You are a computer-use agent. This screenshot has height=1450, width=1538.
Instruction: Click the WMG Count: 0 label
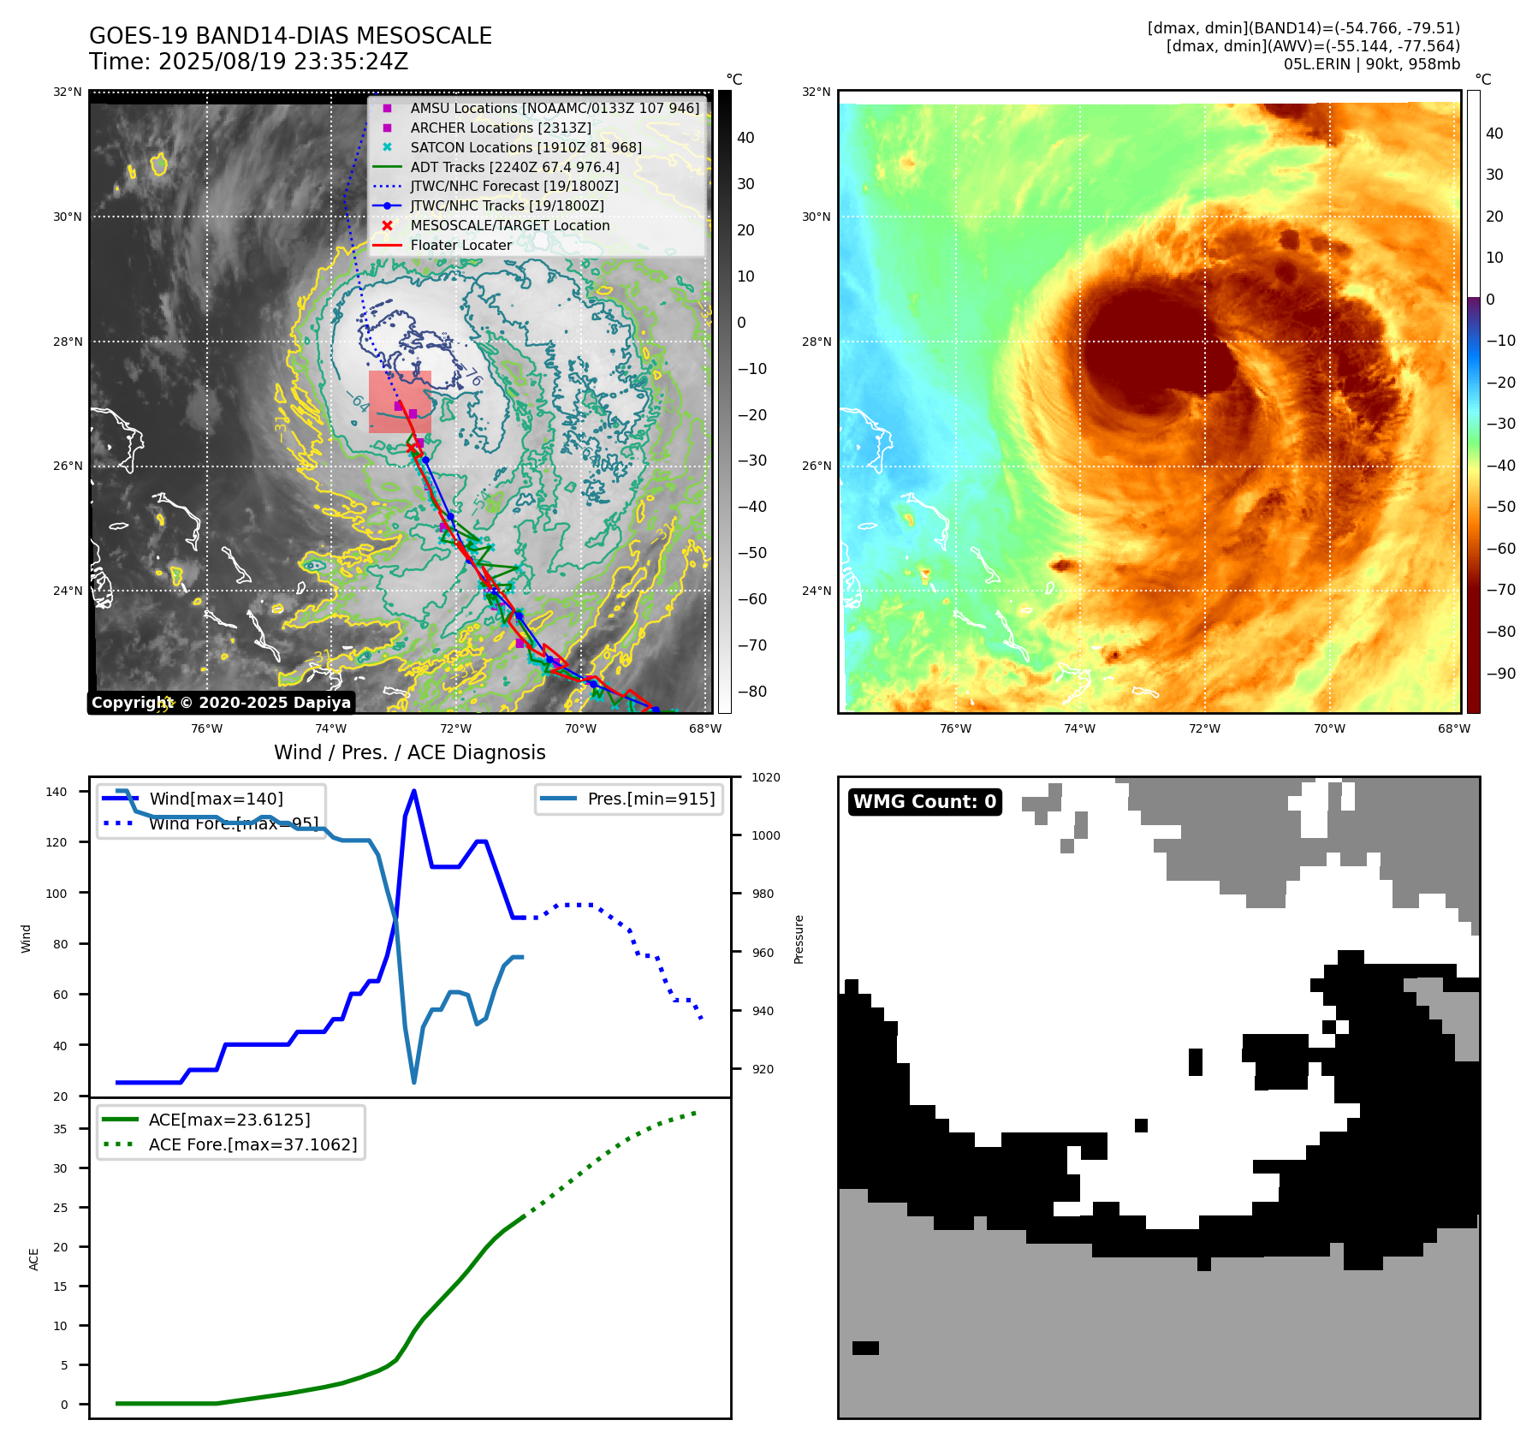[924, 802]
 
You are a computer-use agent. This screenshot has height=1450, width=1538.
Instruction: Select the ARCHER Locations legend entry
[500, 128]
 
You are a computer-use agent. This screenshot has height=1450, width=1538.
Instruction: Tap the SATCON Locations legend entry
[525, 147]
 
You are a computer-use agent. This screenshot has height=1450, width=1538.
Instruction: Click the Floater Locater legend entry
[460, 245]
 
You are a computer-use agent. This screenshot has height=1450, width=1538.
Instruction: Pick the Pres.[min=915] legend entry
[650, 799]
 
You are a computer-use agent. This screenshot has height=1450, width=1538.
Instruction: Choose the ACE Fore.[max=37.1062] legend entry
[252, 1144]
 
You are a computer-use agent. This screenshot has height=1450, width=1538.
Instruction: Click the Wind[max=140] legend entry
[216, 799]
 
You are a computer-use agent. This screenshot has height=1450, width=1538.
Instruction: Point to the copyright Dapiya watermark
[221, 703]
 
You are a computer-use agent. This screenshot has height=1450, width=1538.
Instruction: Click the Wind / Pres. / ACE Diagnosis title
[409, 752]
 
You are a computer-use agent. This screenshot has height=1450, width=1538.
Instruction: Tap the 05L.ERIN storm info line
[1371, 64]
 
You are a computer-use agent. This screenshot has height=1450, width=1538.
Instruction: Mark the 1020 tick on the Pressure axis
[765, 777]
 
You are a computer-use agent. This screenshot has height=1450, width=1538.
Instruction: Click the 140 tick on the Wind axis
[56, 792]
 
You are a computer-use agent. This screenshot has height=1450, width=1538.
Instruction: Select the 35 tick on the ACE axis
[60, 1129]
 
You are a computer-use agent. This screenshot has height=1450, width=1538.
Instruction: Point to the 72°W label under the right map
[1204, 729]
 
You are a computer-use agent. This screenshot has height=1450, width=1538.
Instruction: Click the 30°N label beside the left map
[68, 217]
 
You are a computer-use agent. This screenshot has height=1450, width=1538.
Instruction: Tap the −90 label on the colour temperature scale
[1500, 674]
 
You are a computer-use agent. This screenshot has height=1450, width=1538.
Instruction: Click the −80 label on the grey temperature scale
[752, 692]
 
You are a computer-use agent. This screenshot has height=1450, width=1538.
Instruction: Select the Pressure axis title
[799, 939]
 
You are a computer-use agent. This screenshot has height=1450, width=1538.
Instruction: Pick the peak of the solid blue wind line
[414, 791]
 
